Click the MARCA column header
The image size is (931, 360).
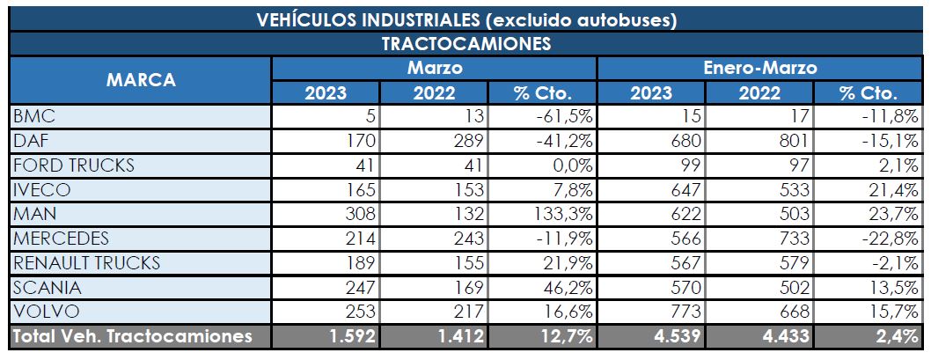coord(141,80)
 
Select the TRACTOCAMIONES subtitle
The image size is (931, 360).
coord(465,43)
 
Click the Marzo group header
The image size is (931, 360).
coord(434,68)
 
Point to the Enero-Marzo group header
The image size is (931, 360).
coord(760,68)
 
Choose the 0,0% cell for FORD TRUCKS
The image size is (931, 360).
coord(569,165)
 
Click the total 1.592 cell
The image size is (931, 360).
coord(353,335)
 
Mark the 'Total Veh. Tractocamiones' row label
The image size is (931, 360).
coord(132,335)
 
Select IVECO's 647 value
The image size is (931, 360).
coord(685,189)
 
